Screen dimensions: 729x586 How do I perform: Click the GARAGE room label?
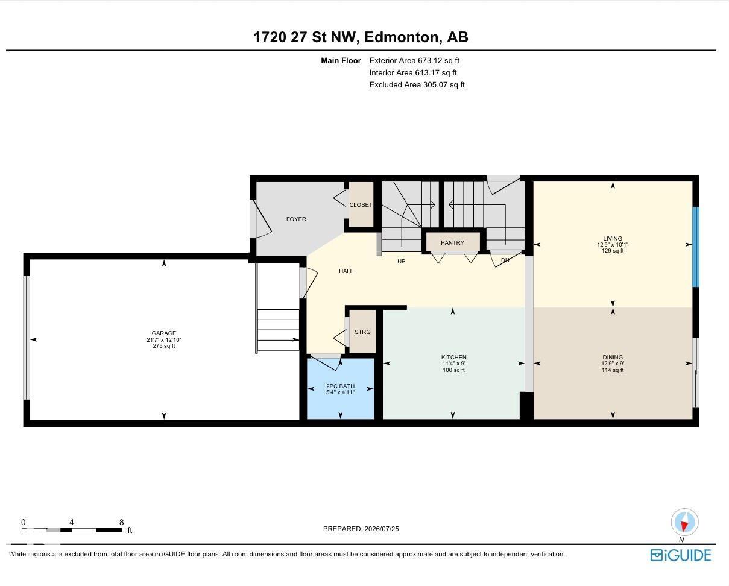click(163, 333)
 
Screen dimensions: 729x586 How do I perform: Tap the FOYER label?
click(296, 219)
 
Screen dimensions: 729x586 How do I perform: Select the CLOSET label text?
click(361, 204)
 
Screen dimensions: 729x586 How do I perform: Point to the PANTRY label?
click(452, 242)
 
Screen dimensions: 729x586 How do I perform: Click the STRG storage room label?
click(362, 332)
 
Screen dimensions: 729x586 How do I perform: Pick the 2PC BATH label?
click(341, 386)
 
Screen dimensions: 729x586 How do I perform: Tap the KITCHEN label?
click(453, 357)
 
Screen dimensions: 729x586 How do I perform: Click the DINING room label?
click(613, 357)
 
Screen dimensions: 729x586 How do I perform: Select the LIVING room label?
click(613, 238)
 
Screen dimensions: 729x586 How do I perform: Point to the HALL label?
click(346, 271)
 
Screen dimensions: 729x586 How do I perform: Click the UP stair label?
click(401, 262)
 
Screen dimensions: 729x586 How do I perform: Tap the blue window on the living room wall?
click(695, 247)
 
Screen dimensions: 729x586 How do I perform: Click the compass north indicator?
click(684, 522)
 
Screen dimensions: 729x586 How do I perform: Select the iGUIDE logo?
click(680, 555)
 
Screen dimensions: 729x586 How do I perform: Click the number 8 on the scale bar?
click(121, 522)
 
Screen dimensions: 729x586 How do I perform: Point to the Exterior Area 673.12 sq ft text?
click(414, 61)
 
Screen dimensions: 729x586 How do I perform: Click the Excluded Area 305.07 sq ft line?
click(417, 84)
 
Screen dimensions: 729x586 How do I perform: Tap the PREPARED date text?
click(361, 528)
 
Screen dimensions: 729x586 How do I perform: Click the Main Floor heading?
click(341, 61)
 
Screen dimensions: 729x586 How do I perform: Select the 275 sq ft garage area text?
click(163, 346)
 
